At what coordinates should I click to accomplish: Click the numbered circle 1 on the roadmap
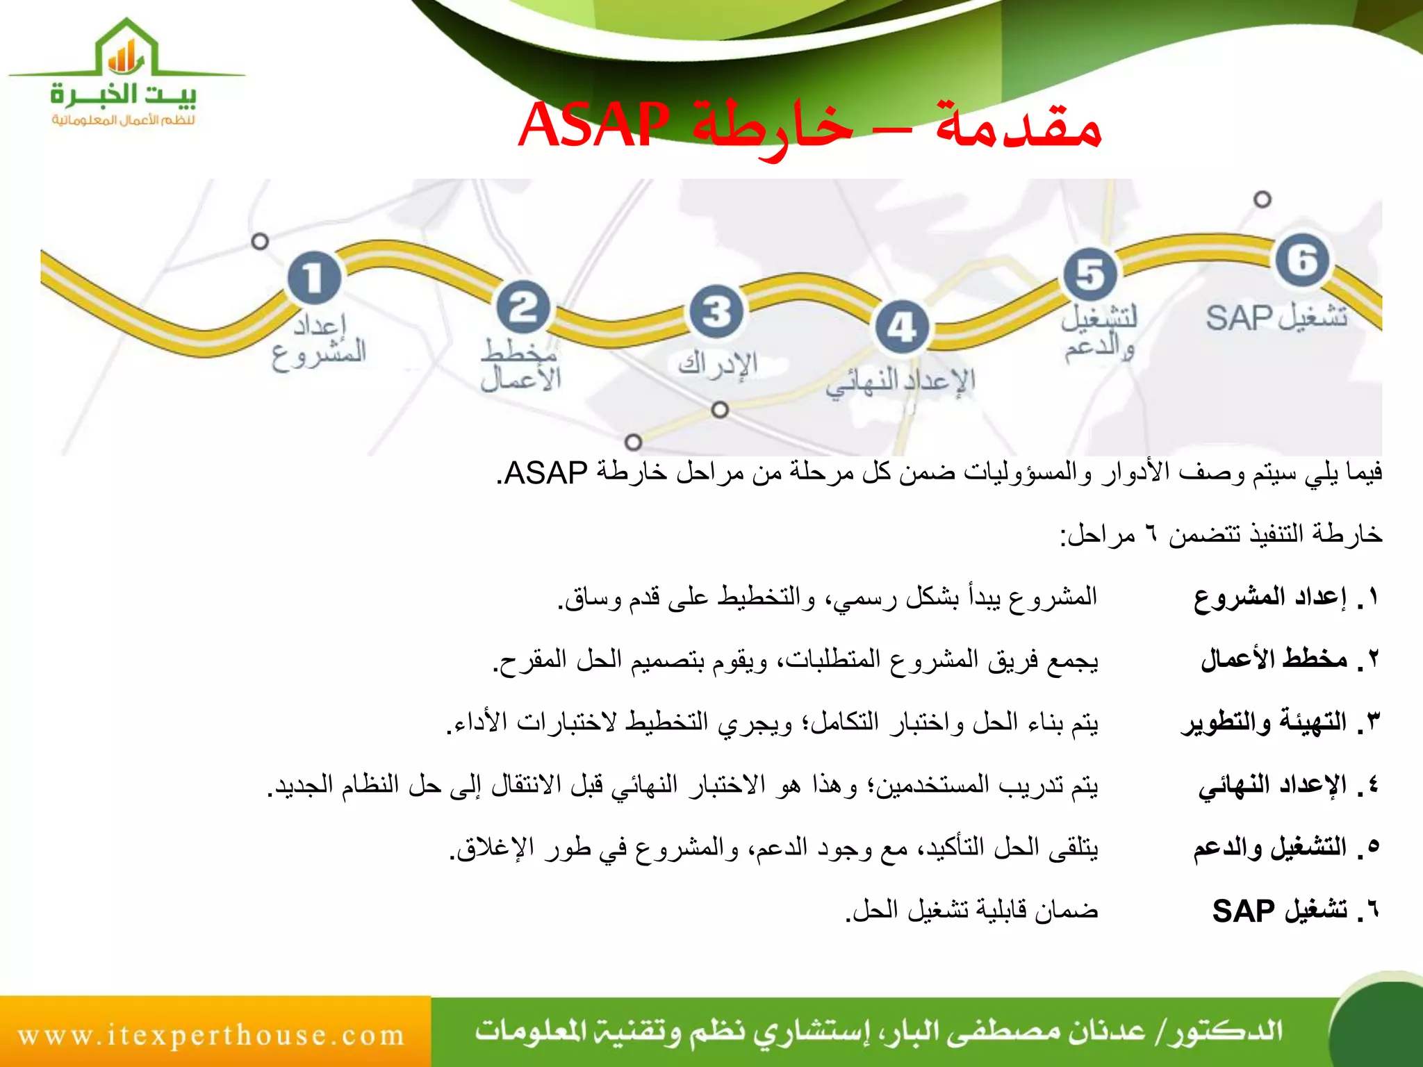tap(314, 277)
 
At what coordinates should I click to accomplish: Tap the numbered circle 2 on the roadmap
tap(523, 307)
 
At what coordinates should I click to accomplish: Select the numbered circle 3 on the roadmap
tap(716, 312)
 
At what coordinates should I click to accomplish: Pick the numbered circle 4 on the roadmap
tap(902, 326)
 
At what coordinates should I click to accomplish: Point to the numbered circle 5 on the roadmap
tap(1090, 274)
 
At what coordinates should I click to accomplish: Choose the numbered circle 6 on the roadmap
tap(1302, 260)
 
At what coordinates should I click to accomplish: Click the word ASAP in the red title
tap(594, 126)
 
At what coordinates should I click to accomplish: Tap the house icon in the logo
tap(126, 50)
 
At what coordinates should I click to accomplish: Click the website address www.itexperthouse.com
tap(211, 1035)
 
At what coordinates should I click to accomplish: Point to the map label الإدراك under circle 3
tap(718, 364)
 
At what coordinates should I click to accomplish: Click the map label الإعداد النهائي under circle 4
tap(900, 382)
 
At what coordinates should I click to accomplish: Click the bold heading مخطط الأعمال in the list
tap(1274, 659)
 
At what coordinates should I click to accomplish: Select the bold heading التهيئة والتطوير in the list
tap(1264, 722)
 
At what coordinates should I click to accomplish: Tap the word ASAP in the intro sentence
tap(546, 473)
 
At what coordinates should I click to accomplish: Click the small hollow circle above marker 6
tap(1262, 199)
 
